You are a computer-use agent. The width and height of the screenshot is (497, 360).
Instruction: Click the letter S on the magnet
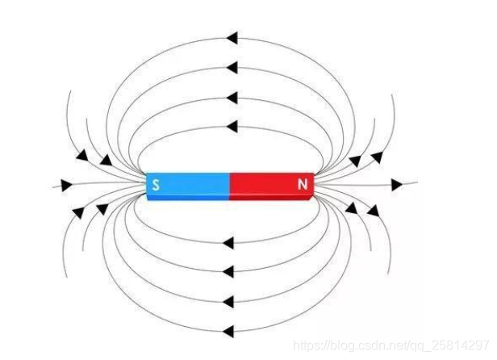156,186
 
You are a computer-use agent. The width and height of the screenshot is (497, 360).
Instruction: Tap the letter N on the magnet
303,186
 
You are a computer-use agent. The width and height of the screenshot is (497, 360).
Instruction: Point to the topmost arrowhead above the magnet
232,37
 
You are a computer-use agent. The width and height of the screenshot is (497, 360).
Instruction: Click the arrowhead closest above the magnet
232,126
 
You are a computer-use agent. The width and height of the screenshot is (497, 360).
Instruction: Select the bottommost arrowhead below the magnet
228,330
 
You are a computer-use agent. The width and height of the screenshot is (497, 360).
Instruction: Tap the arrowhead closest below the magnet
228,241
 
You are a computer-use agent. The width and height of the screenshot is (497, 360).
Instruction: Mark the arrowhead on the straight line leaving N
396,185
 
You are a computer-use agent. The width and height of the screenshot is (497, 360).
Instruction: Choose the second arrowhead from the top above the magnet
232,67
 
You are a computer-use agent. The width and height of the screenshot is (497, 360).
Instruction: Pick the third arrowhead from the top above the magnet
232,98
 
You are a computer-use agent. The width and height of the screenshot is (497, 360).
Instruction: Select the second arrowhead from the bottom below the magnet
228,302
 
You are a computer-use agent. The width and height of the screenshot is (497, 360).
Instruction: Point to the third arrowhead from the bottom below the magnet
228,270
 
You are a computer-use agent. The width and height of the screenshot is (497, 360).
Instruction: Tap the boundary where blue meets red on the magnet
230,186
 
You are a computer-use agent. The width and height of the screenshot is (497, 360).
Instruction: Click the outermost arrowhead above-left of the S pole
82,154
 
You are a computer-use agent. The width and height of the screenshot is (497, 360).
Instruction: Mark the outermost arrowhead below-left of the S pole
78,212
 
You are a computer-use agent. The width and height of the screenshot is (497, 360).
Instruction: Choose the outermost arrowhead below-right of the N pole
373,211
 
